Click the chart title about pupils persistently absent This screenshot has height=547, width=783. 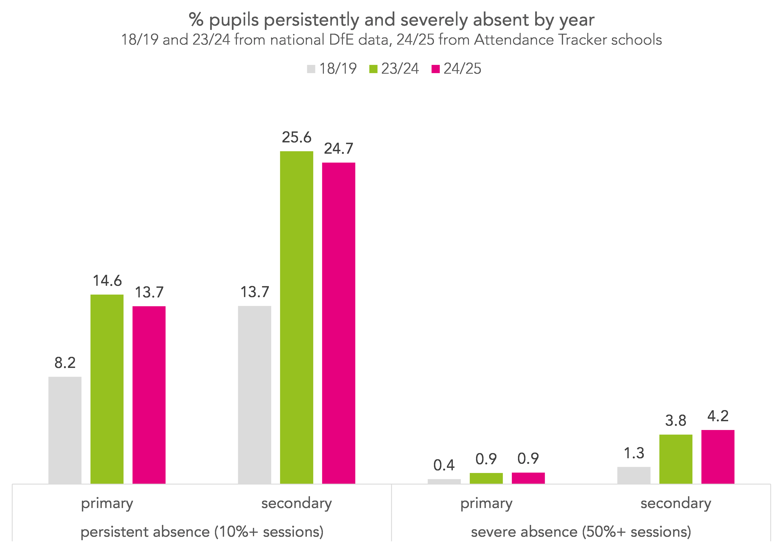[391, 20]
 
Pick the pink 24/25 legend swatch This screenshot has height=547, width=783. [435, 69]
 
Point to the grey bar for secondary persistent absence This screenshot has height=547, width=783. [254, 394]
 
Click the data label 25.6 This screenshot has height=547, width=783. [296, 137]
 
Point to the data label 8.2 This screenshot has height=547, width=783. [65, 363]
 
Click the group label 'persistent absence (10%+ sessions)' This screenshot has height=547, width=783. [202, 532]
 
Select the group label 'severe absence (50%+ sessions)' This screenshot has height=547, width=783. [581, 532]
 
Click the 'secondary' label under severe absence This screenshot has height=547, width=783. [676, 503]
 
